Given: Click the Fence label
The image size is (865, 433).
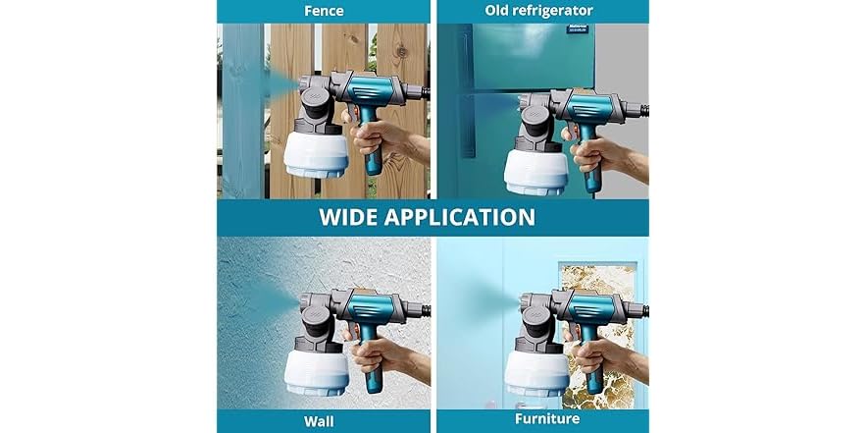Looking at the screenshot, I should click(x=324, y=11).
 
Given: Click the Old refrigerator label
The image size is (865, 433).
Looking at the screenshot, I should click(x=538, y=11).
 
